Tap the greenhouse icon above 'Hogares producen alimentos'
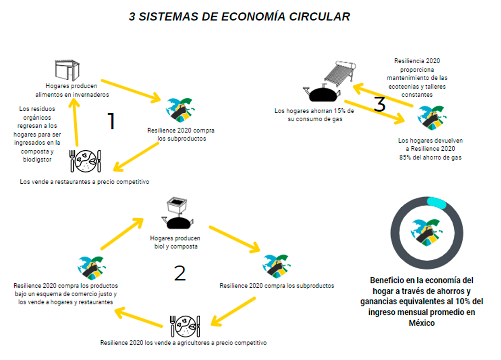(67, 70)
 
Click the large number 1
(111, 121)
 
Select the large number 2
(180, 273)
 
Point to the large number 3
(380, 104)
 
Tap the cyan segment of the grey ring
(436, 203)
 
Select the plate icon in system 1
(85, 161)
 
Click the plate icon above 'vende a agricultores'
(186, 326)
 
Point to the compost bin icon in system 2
(177, 205)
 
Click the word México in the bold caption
(421, 323)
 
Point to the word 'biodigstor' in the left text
(37, 160)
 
